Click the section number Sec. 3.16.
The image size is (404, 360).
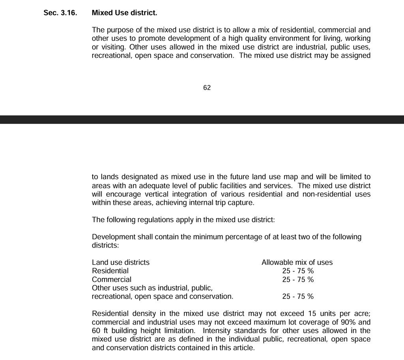60,13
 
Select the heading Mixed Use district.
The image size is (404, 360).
124,13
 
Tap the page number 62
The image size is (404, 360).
207,88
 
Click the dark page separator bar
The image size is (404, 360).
202,120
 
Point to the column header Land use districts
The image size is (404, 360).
121,262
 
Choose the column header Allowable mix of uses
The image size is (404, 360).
297,262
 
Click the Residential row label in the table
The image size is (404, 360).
110,271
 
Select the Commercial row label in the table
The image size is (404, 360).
112,279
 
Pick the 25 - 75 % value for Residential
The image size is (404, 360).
298,271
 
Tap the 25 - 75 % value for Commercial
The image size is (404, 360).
298,279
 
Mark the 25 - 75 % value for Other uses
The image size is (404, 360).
298,296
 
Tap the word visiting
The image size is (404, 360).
113,47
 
